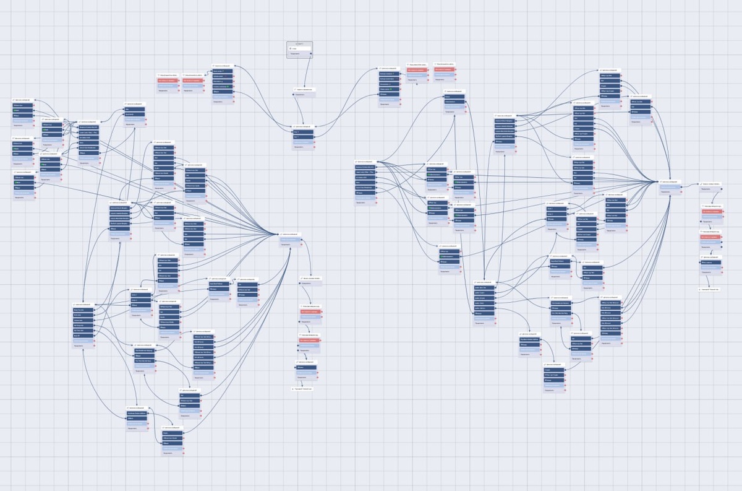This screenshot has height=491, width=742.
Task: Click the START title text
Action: click(x=300, y=43)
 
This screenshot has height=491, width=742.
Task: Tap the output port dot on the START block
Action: click(x=311, y=54)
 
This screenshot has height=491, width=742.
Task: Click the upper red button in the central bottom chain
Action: click(x=309, y=313)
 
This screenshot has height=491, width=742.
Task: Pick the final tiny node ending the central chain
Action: click(x=300, y=389)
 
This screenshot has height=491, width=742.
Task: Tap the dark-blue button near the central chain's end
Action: click(x=306, y=367)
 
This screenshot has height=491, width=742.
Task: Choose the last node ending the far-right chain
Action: click(x=709, y=289)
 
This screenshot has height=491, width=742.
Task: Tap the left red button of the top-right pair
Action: click(x=417, y=70)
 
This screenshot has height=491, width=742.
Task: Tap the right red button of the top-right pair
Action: click(x=444, y=69)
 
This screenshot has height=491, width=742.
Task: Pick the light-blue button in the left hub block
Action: click(x=290, y=240)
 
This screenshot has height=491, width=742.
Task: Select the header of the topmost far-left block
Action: click(x=24, y=100)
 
